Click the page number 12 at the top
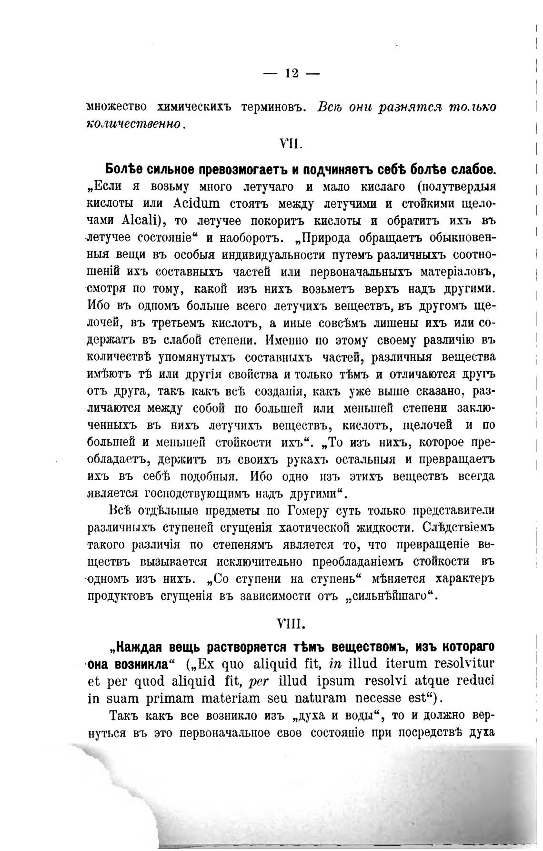[291, 73]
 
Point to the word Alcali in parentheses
[143, 221]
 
